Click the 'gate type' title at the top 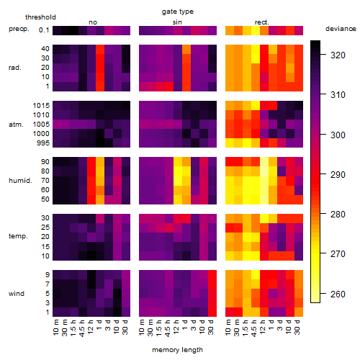[x=178, y=12]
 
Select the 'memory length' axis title [x=177, y=350]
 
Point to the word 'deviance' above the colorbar [x=341, y=29]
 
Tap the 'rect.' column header [x=261, y=22]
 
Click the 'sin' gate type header [x=177, y=22]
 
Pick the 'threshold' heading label [x=40, y=17]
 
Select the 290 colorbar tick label [x=338, y=175]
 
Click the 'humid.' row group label [x=20, y=181]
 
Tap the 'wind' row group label [x=17, y=294]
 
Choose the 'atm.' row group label [x=16, y=125]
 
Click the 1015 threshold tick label [x=41, y=106]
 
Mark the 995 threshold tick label [x=43, y=143]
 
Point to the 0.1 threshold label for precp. [x=44, y=30]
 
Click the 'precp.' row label [x=19, y=29]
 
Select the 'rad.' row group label [x=15, y=68]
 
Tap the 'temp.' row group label [x=18, y=236]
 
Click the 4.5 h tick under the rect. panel [x=254, y=328]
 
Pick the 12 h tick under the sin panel [x=176, y=327]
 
